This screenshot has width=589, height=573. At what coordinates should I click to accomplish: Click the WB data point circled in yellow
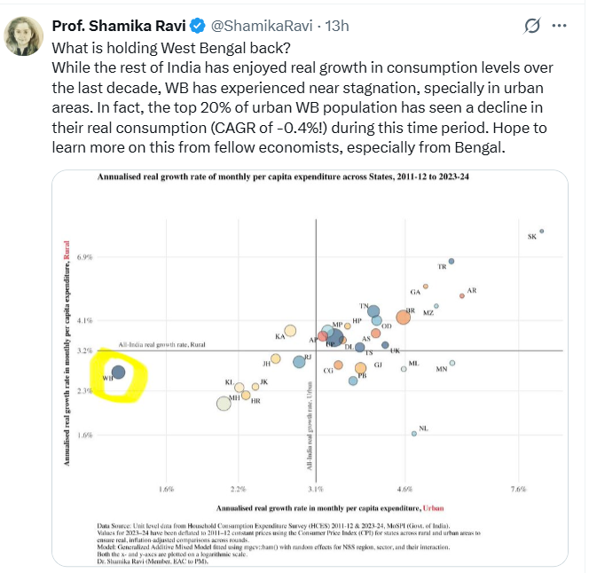click(118, 372)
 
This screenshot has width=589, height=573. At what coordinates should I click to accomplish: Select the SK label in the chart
click(532, 237)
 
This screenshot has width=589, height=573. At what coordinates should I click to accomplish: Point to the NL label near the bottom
click(423, 428)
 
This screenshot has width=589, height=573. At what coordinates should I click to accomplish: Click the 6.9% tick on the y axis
click(86, 257)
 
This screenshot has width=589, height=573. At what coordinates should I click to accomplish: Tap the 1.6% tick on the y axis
click(86, 435)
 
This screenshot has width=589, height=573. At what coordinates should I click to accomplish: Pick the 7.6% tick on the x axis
click(519, 489)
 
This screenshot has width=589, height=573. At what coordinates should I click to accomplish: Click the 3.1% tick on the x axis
click(316, 489)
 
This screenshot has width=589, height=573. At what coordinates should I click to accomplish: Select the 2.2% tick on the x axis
click(238, 489)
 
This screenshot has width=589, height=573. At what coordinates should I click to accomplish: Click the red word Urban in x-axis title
click(432, 507)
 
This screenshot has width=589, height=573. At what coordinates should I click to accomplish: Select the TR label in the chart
click(442, 267)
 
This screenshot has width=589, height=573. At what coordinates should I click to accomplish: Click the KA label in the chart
click(279, 336)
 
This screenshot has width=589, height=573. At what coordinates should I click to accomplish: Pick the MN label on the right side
click(441, 369)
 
